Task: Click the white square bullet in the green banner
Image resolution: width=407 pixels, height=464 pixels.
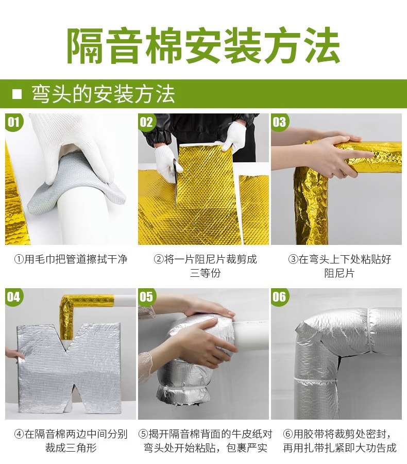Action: point(17,94)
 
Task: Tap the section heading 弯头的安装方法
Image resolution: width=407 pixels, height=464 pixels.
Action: point(103,94)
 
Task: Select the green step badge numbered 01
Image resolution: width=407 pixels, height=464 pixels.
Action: point(13,122)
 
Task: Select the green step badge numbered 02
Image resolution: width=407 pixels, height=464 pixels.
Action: point(146,122)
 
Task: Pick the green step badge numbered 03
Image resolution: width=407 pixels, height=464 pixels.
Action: point(280,122)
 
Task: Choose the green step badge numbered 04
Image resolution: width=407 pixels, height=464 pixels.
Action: point(13,297)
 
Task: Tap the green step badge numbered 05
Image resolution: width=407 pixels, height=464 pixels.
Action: point(146,297)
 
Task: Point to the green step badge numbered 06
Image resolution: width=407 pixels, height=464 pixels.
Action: point(280,297)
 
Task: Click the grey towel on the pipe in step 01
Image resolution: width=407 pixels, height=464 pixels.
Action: point(74,184)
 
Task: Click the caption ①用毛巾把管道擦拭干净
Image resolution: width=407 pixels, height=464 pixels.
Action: point(71,259)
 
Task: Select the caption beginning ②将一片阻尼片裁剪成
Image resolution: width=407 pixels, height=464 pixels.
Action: point(205,266)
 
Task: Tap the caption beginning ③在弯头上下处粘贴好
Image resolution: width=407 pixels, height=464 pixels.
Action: point(340,266)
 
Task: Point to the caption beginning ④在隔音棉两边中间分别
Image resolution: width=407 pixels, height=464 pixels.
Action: point(71,441)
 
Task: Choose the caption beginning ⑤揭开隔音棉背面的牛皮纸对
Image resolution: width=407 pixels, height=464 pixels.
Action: point(205,441)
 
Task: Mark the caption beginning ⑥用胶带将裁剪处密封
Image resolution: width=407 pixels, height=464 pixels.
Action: point(340,441)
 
